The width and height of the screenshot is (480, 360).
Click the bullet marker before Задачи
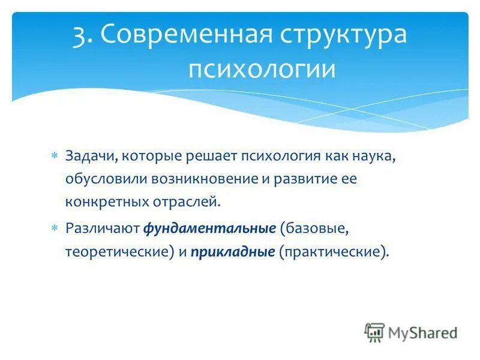coord(54,156)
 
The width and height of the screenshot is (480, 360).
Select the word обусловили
coord(100,179)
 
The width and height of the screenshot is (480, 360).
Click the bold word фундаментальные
coord(208,229)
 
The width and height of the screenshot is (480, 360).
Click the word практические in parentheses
coord(334,252)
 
